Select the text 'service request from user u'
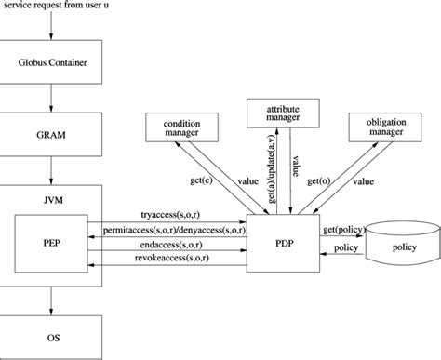coord(57,7)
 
